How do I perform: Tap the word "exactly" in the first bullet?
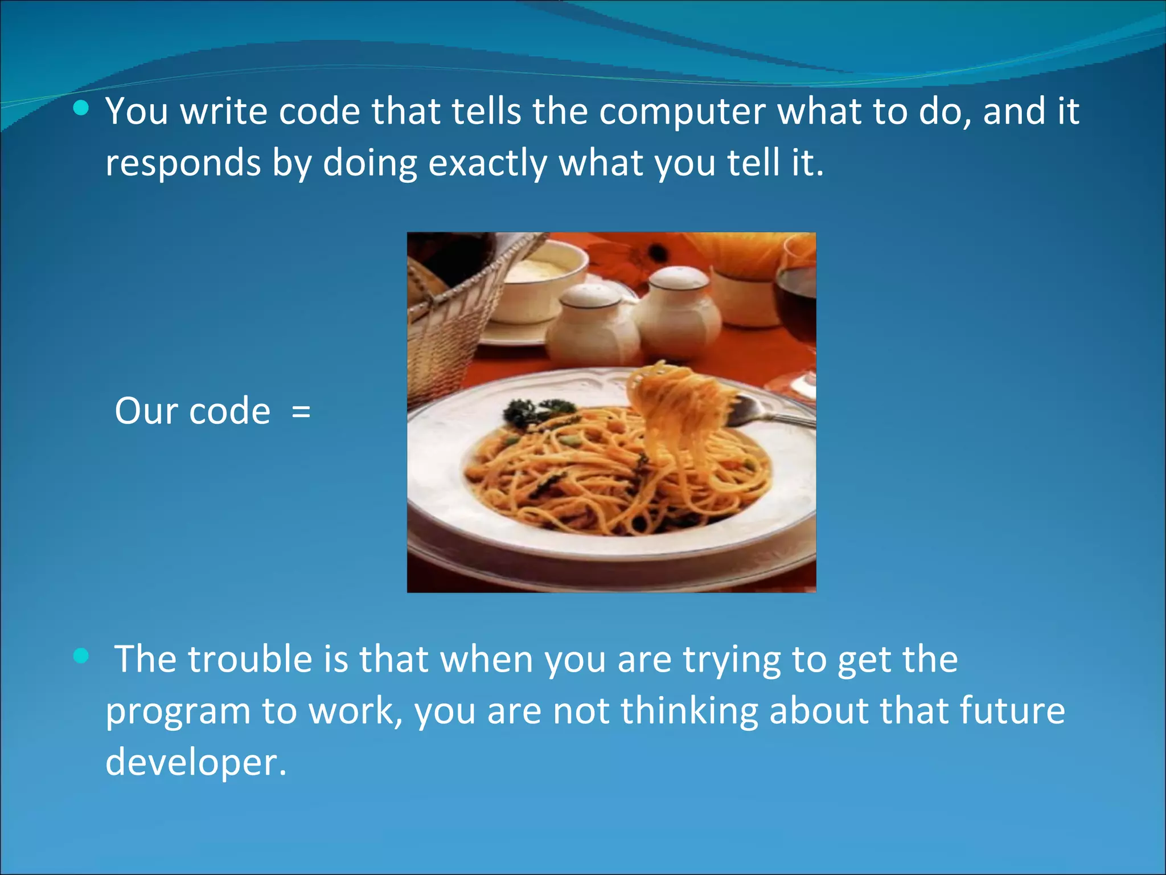pyautogui.click(x=487, y=163)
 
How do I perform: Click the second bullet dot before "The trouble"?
pyautogui.click(x=81, y=656)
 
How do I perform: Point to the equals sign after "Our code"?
pyautogui.click(x=301, y=411)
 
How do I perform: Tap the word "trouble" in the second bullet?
pyautogui.click(x=250, y=659)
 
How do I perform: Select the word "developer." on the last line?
pyautogui.click(x=196, y=762)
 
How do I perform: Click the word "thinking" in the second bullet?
pyautogui.click(x=689, y=711)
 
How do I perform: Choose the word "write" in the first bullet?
pyautogui.click(x=223, y=112)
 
